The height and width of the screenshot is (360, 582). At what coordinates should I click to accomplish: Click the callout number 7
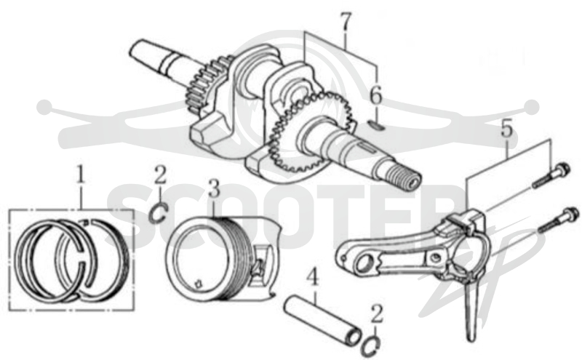[346, 23]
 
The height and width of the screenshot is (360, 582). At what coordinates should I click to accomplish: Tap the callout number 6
[375, 95]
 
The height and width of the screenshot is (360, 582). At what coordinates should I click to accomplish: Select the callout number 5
[506, 129]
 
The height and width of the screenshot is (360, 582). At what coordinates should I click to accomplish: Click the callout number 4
[314, 279]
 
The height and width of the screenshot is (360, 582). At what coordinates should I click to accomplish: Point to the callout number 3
[214, 188]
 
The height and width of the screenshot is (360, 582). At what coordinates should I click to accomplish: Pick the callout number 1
[80, 175]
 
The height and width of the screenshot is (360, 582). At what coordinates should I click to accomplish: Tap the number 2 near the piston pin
[377, 314]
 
